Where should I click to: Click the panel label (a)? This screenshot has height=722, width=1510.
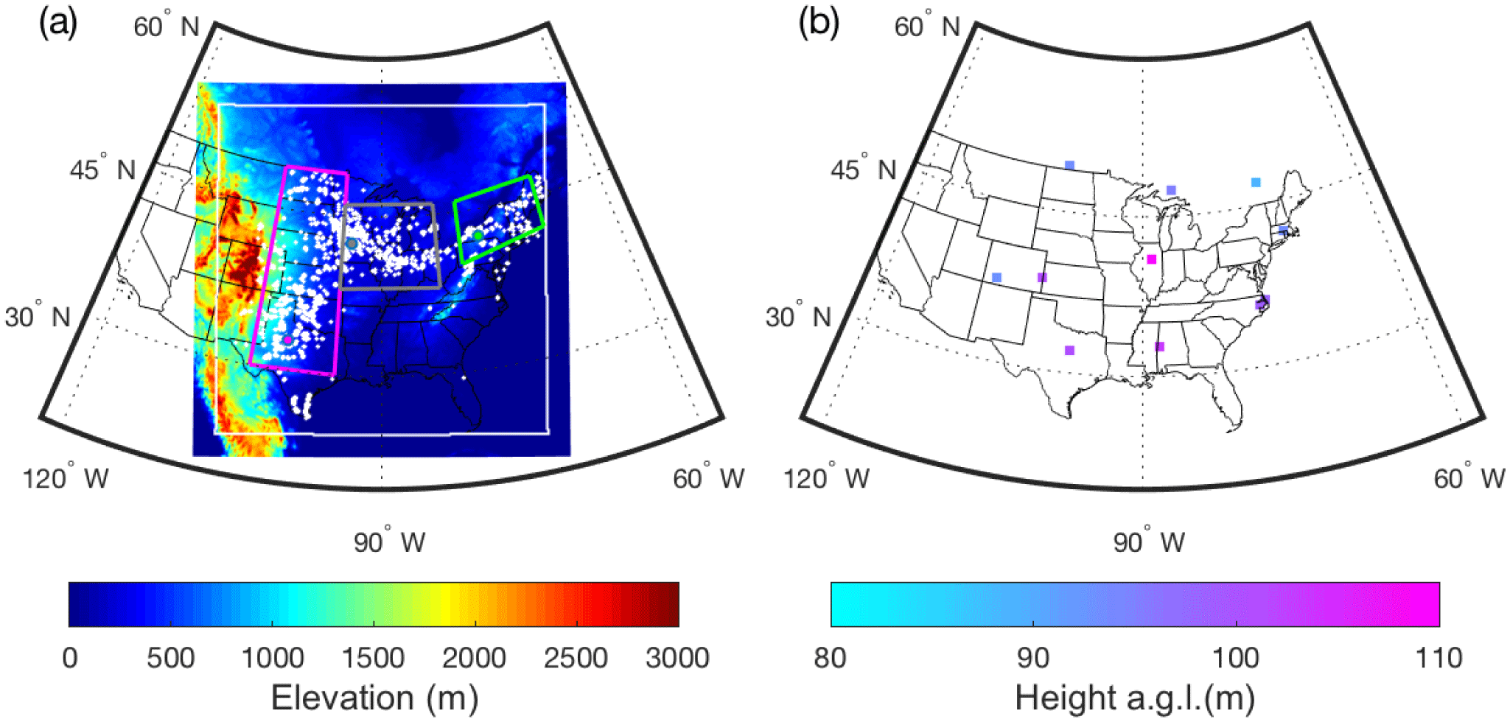pos(57,24)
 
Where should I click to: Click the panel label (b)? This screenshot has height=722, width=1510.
pos(819,24)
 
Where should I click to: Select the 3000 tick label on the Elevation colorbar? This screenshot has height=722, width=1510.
pos(677,657)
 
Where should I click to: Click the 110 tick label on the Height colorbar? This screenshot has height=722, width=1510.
pos(1439,657)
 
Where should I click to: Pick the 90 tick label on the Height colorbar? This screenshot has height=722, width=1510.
pos(1033,657)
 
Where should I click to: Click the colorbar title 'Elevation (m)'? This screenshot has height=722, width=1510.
pos(374,697)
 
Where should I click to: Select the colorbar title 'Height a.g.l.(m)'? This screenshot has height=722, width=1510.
pos(1135,697)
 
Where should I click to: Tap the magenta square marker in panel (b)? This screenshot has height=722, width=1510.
pos(1152,259)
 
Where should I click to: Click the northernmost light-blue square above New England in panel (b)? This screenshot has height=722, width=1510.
pos(1256,182)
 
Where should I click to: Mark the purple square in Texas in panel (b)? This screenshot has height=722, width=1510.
pos(1069,350)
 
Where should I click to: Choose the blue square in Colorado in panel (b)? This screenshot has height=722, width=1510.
pos(996,278)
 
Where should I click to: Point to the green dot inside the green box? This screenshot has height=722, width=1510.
pos(478,235)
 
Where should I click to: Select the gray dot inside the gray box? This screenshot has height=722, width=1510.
pos(352,243)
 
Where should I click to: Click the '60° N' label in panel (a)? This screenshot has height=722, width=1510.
pos(167,27)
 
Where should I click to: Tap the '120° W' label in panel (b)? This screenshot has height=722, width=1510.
pos(826,479)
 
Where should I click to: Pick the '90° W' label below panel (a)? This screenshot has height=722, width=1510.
pos(389,542)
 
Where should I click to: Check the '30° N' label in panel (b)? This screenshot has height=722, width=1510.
pos(798,318)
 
